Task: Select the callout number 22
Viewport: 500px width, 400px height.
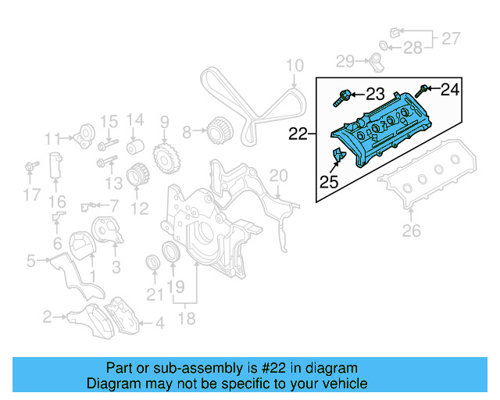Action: [x=298, y=134]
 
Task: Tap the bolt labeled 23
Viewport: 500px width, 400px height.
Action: [x=341, y=98]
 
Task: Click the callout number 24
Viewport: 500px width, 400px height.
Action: [x=450, y=90]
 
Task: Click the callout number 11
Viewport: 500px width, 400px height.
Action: [x=52, y=139]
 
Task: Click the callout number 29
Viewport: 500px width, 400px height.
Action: [x=345, y=60]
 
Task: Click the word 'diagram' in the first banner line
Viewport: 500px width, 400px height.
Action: [x=333, y=368]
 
